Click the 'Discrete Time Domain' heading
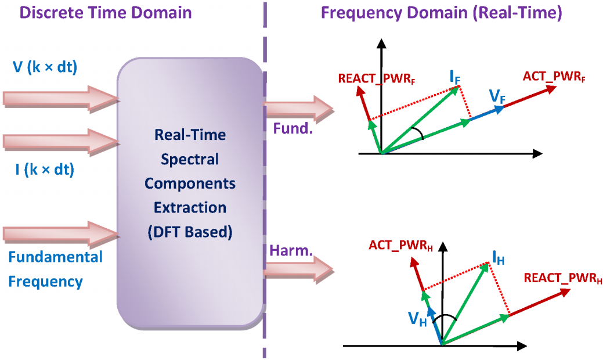click(106, 12)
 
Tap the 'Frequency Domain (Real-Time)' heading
click(442, 12)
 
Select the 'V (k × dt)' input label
click(45, 67)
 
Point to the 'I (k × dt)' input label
click(45, 169)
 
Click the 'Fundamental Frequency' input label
click(55, 269)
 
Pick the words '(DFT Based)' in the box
click(190, 232)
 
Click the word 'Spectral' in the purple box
click(190, 159)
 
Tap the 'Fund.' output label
click(293, 128)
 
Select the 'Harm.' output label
click(291, 251)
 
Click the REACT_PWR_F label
click(377, 79)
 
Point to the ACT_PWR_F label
click(554, 77)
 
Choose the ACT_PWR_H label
click(400, 246)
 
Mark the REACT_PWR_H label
click(563, 278)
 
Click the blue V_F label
click(497, 96)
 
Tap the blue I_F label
click(455, 77)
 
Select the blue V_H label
click(417, 318)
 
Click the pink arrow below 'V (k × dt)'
click(62, 99)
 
